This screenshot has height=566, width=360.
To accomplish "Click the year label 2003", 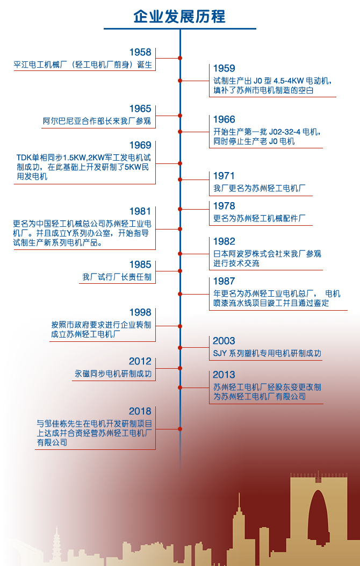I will point(224,341).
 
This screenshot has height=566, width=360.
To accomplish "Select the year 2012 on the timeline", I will point(140,362).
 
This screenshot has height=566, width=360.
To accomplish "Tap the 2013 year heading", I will point(224,375).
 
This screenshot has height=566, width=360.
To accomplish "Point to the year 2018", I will point(140,411).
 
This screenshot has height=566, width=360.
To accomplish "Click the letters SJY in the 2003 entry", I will point(220,353).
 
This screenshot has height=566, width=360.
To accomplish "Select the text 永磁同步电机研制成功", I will point(113,374).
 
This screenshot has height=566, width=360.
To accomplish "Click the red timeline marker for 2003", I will point(180,348).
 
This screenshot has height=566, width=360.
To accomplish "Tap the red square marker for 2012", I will point(180,368).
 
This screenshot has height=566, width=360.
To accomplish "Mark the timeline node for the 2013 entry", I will point(180,388).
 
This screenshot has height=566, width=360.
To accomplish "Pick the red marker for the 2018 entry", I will point(180,428).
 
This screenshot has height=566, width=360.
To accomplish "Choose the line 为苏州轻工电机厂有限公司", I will point(259,397).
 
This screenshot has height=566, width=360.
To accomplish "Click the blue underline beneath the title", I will point(180,28).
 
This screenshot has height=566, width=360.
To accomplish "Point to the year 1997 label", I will point(224,281).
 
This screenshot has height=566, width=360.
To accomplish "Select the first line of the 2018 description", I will point(95,424).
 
